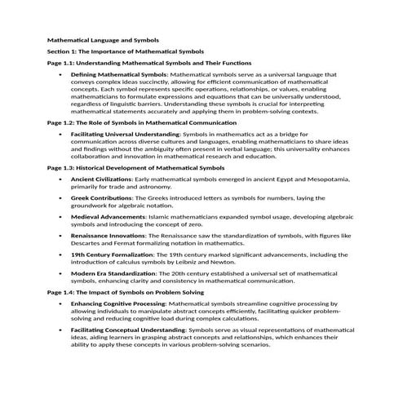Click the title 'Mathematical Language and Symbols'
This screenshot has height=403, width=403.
tap(103, 39)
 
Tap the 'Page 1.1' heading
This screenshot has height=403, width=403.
tap(149, 62)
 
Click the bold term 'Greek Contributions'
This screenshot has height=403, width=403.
tap(100, 197)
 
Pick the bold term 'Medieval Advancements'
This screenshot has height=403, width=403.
tap(106, 217)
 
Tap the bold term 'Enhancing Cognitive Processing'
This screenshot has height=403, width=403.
tap(117, 303)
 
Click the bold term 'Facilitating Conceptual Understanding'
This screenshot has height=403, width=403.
tap(128, 330)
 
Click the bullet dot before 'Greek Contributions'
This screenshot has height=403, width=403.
tap(61, 197)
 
